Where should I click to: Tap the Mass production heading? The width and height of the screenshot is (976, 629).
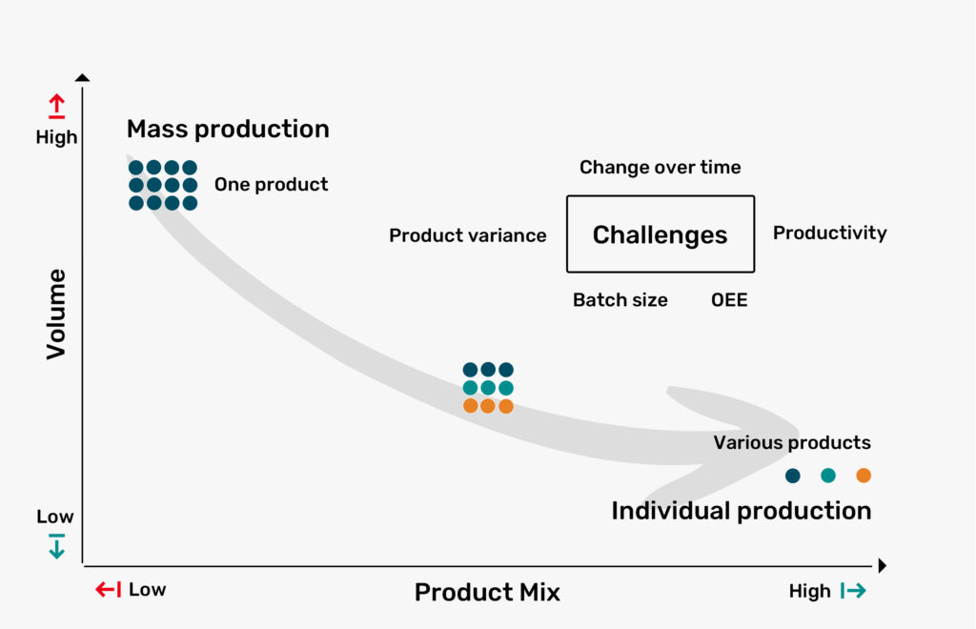(228, 129)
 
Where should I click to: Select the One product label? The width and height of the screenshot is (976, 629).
(271, 184)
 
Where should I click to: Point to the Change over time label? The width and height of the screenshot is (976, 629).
(660, 167)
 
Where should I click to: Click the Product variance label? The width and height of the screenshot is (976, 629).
(467, 235)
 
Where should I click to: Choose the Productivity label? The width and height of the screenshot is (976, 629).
(830, 233)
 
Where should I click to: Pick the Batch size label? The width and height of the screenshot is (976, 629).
(620, 300)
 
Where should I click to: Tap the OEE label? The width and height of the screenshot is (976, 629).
(729, 300)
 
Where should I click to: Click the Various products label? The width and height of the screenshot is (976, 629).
(792, 442)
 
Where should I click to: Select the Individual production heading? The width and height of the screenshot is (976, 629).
(741, 511)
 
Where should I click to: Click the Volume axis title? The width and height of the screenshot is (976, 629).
(56, 314)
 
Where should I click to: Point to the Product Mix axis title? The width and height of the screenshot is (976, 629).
(487, 592)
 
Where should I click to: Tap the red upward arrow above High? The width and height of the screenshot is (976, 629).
(56, 106)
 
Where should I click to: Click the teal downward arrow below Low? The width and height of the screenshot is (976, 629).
(56, 546)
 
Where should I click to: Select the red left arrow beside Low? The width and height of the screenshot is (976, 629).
(109, 589)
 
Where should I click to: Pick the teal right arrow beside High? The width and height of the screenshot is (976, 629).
(853, 591)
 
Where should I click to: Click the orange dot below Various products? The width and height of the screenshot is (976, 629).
(864, 476)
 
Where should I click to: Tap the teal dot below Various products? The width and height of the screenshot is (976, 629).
(828, 476)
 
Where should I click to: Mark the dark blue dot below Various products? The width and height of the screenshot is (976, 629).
(792, 476)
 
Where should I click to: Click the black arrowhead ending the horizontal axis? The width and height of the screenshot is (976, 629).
(882, 565)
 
